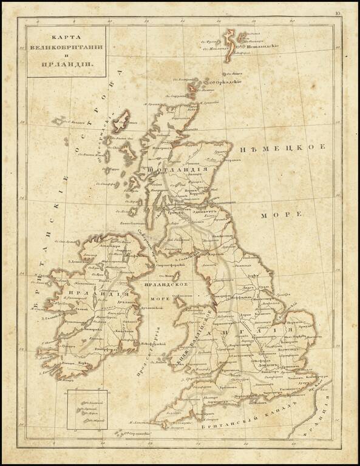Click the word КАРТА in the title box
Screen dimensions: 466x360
(x=66, y=36)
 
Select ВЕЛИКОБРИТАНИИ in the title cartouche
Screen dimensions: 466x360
(x=66, y=47)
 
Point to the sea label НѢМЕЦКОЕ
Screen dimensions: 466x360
(x=284, y=148)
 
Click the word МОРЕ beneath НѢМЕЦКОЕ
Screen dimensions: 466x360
(x=282, y=215)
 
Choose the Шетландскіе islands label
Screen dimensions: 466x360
(x=261, y=44)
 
